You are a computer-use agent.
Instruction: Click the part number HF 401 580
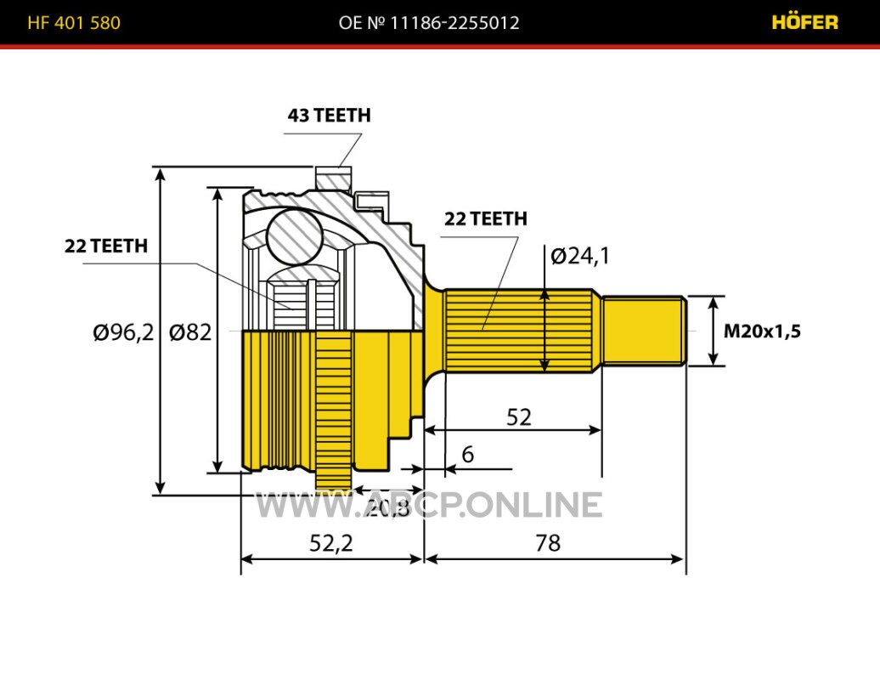(x=74, y=23)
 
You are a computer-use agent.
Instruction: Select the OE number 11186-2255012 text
(x=429, y=23)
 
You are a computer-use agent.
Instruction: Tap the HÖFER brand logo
(x=804, y=23)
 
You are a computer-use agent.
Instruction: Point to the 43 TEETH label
(x=329, y=116)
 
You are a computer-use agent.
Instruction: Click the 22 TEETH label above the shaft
(x=486, y=218)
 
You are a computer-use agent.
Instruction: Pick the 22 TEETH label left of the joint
(x=106, y=246)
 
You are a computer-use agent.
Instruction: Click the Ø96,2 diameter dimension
(x=123, y=332)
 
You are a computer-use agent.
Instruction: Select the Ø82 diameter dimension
(x=189, y=332)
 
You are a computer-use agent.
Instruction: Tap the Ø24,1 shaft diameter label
(x=580, y=254)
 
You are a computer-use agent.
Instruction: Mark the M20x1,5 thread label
(x=762, y=331)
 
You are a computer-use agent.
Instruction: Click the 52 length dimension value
(x=519, y=417)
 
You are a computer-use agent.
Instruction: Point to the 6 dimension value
(x=467, y=455)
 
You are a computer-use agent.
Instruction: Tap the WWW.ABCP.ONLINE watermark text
(x=429, y=505)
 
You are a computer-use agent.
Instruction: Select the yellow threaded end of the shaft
(x=644, y=331)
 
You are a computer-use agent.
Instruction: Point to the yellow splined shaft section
(x=519, y=331)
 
